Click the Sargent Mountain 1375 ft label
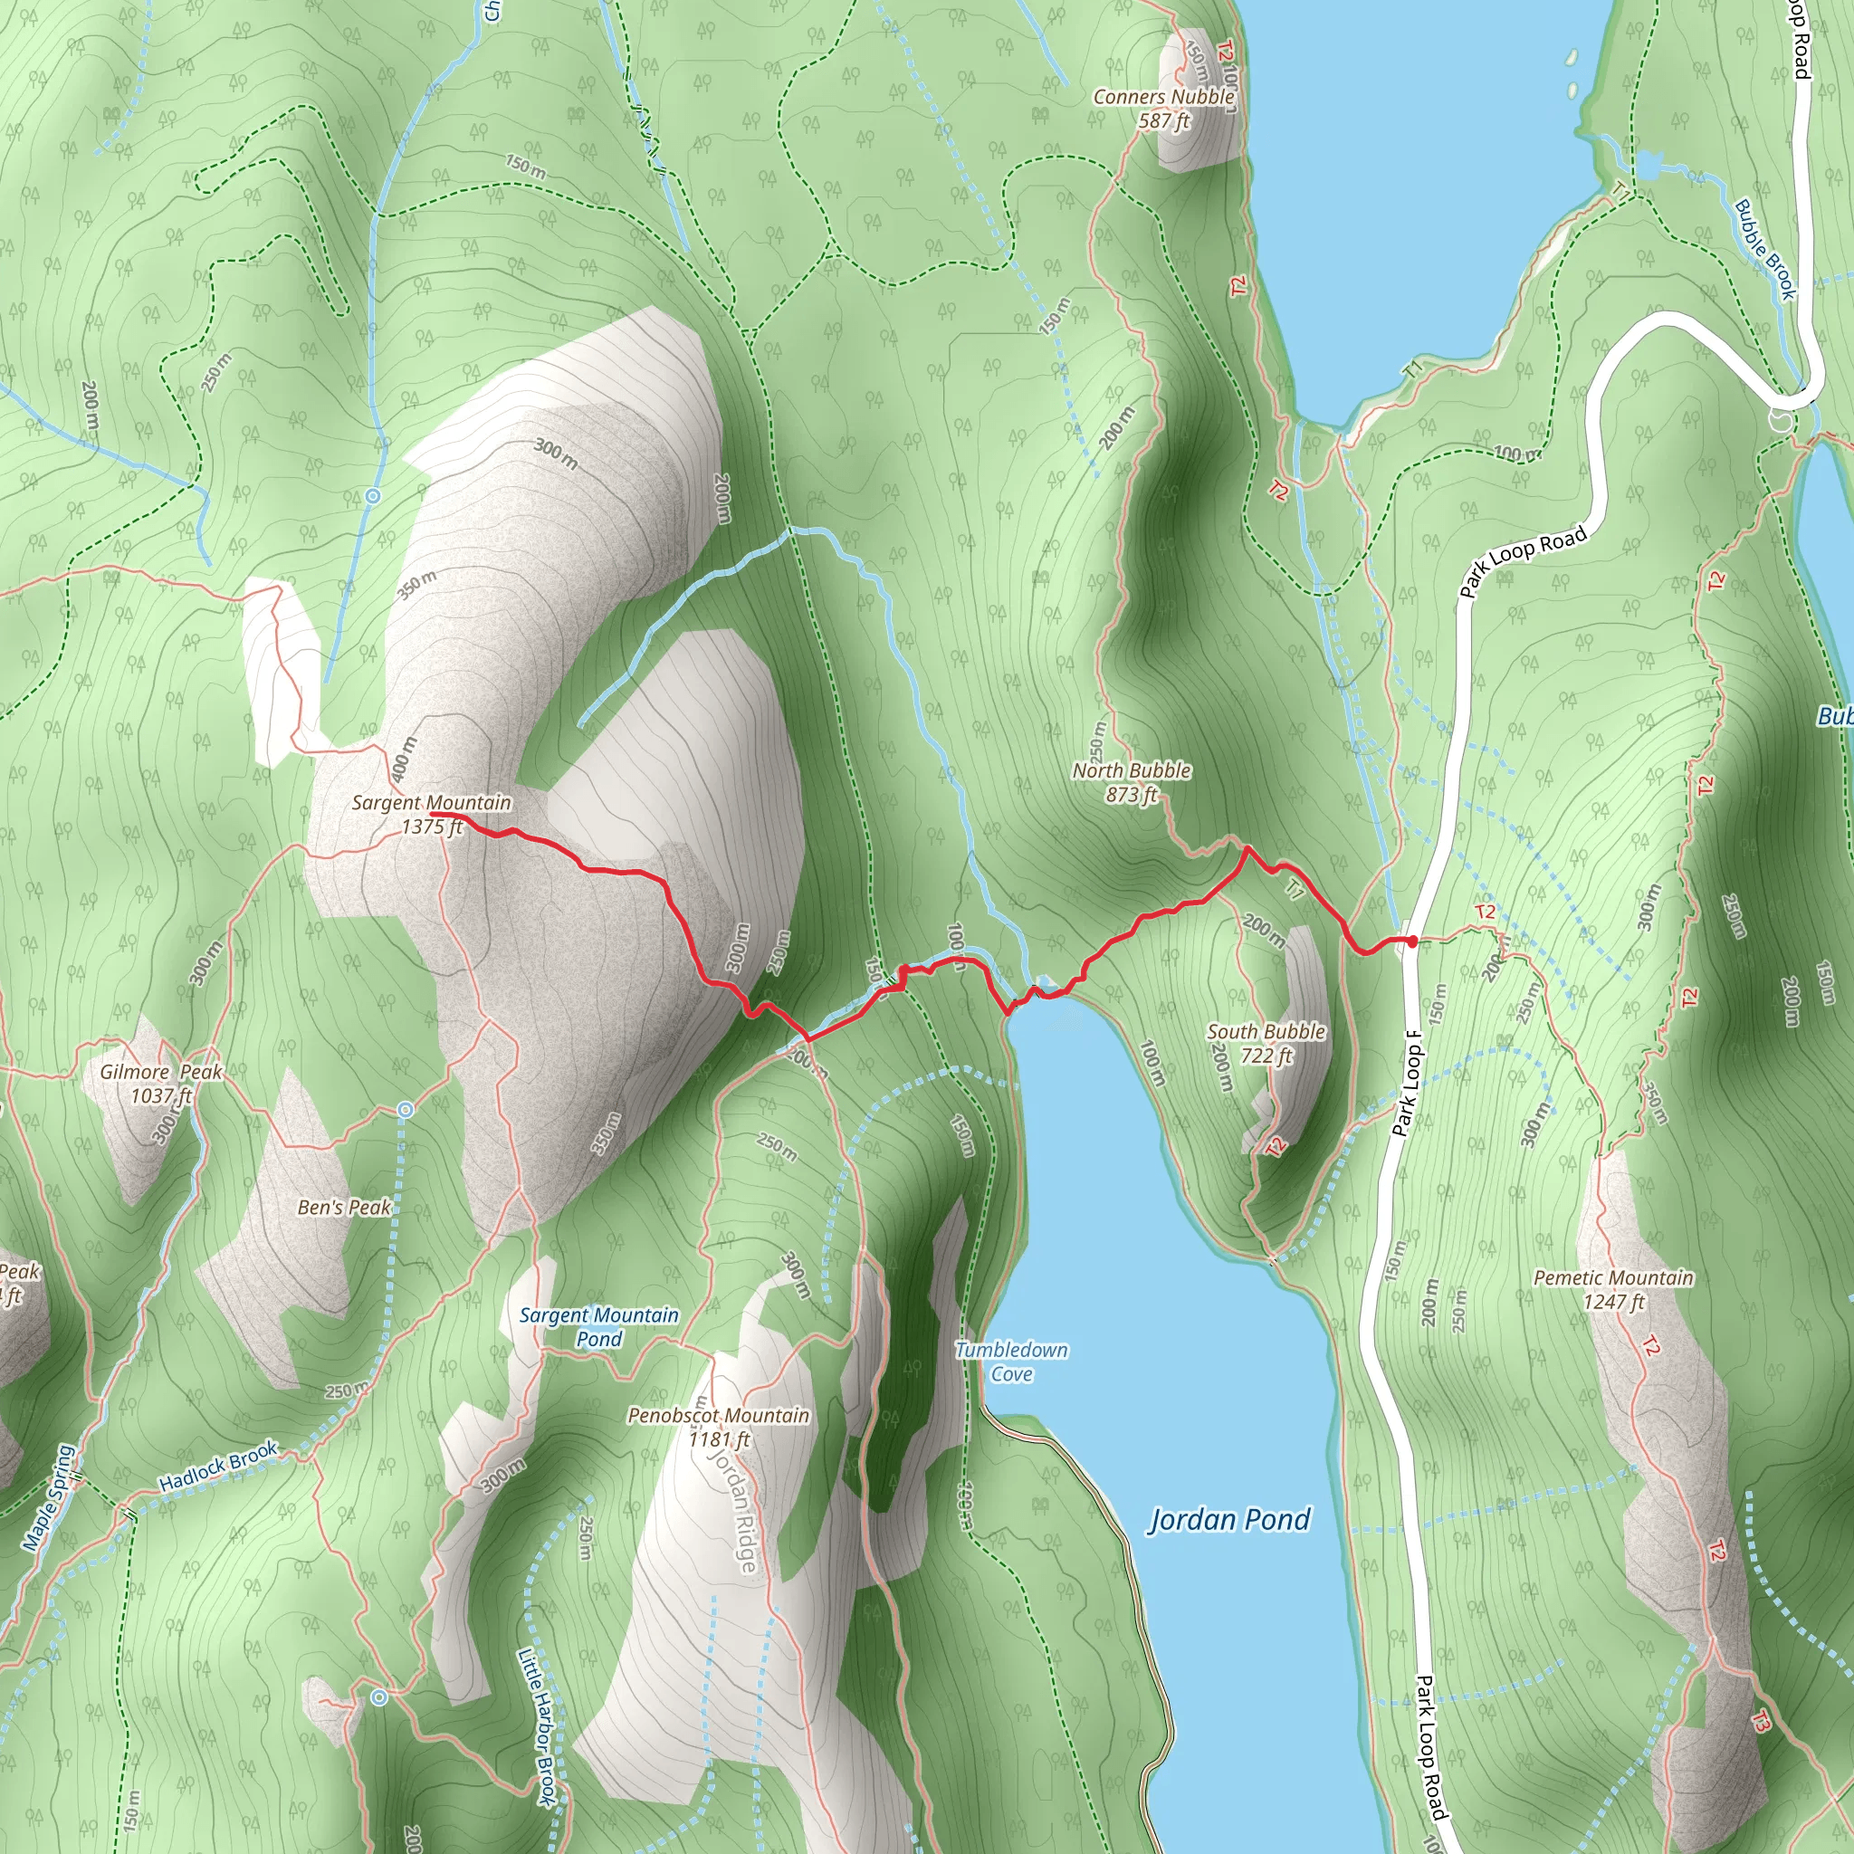[431, 814]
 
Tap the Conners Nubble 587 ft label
[1163, 109]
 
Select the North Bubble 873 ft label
[1132, 782]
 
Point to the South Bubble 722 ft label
[1266, 1043]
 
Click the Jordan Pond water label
[1229, 1519]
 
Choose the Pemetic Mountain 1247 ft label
[1613, 1290]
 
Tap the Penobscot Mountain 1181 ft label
[719, 1427]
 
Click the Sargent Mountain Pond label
[598, 1326]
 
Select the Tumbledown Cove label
[1011, 1362]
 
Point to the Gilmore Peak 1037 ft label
[161, 1083]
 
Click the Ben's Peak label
[343, 1208]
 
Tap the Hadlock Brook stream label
[218, 1466]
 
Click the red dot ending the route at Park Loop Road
[1412, 941]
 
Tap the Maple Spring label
[49, 1498]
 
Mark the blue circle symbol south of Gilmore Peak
[406, 1110]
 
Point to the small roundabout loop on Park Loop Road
[1781, 419]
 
